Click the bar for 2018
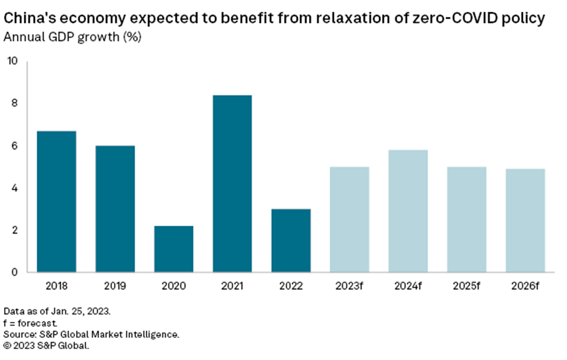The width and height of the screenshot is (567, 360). click(x=56, y=202)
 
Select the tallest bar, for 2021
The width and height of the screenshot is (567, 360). click(x=232, y=184)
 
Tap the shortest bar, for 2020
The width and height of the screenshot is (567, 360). click(x=174, y=249)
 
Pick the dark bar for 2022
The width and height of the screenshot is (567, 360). click(x=291, y=241)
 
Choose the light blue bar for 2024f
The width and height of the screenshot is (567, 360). click(x=408, y=211)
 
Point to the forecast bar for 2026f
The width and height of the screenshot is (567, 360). click(x=525, y=220)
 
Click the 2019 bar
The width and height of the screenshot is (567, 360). click(x=115, y=209)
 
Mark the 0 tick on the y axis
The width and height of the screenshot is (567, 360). click(x=15, y=272)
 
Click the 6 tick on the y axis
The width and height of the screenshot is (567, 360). click(x=15, y=146)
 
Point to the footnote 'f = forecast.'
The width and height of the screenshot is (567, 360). click(x=30, y=323)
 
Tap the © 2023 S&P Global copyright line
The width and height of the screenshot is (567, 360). click(x=46, y=346)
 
